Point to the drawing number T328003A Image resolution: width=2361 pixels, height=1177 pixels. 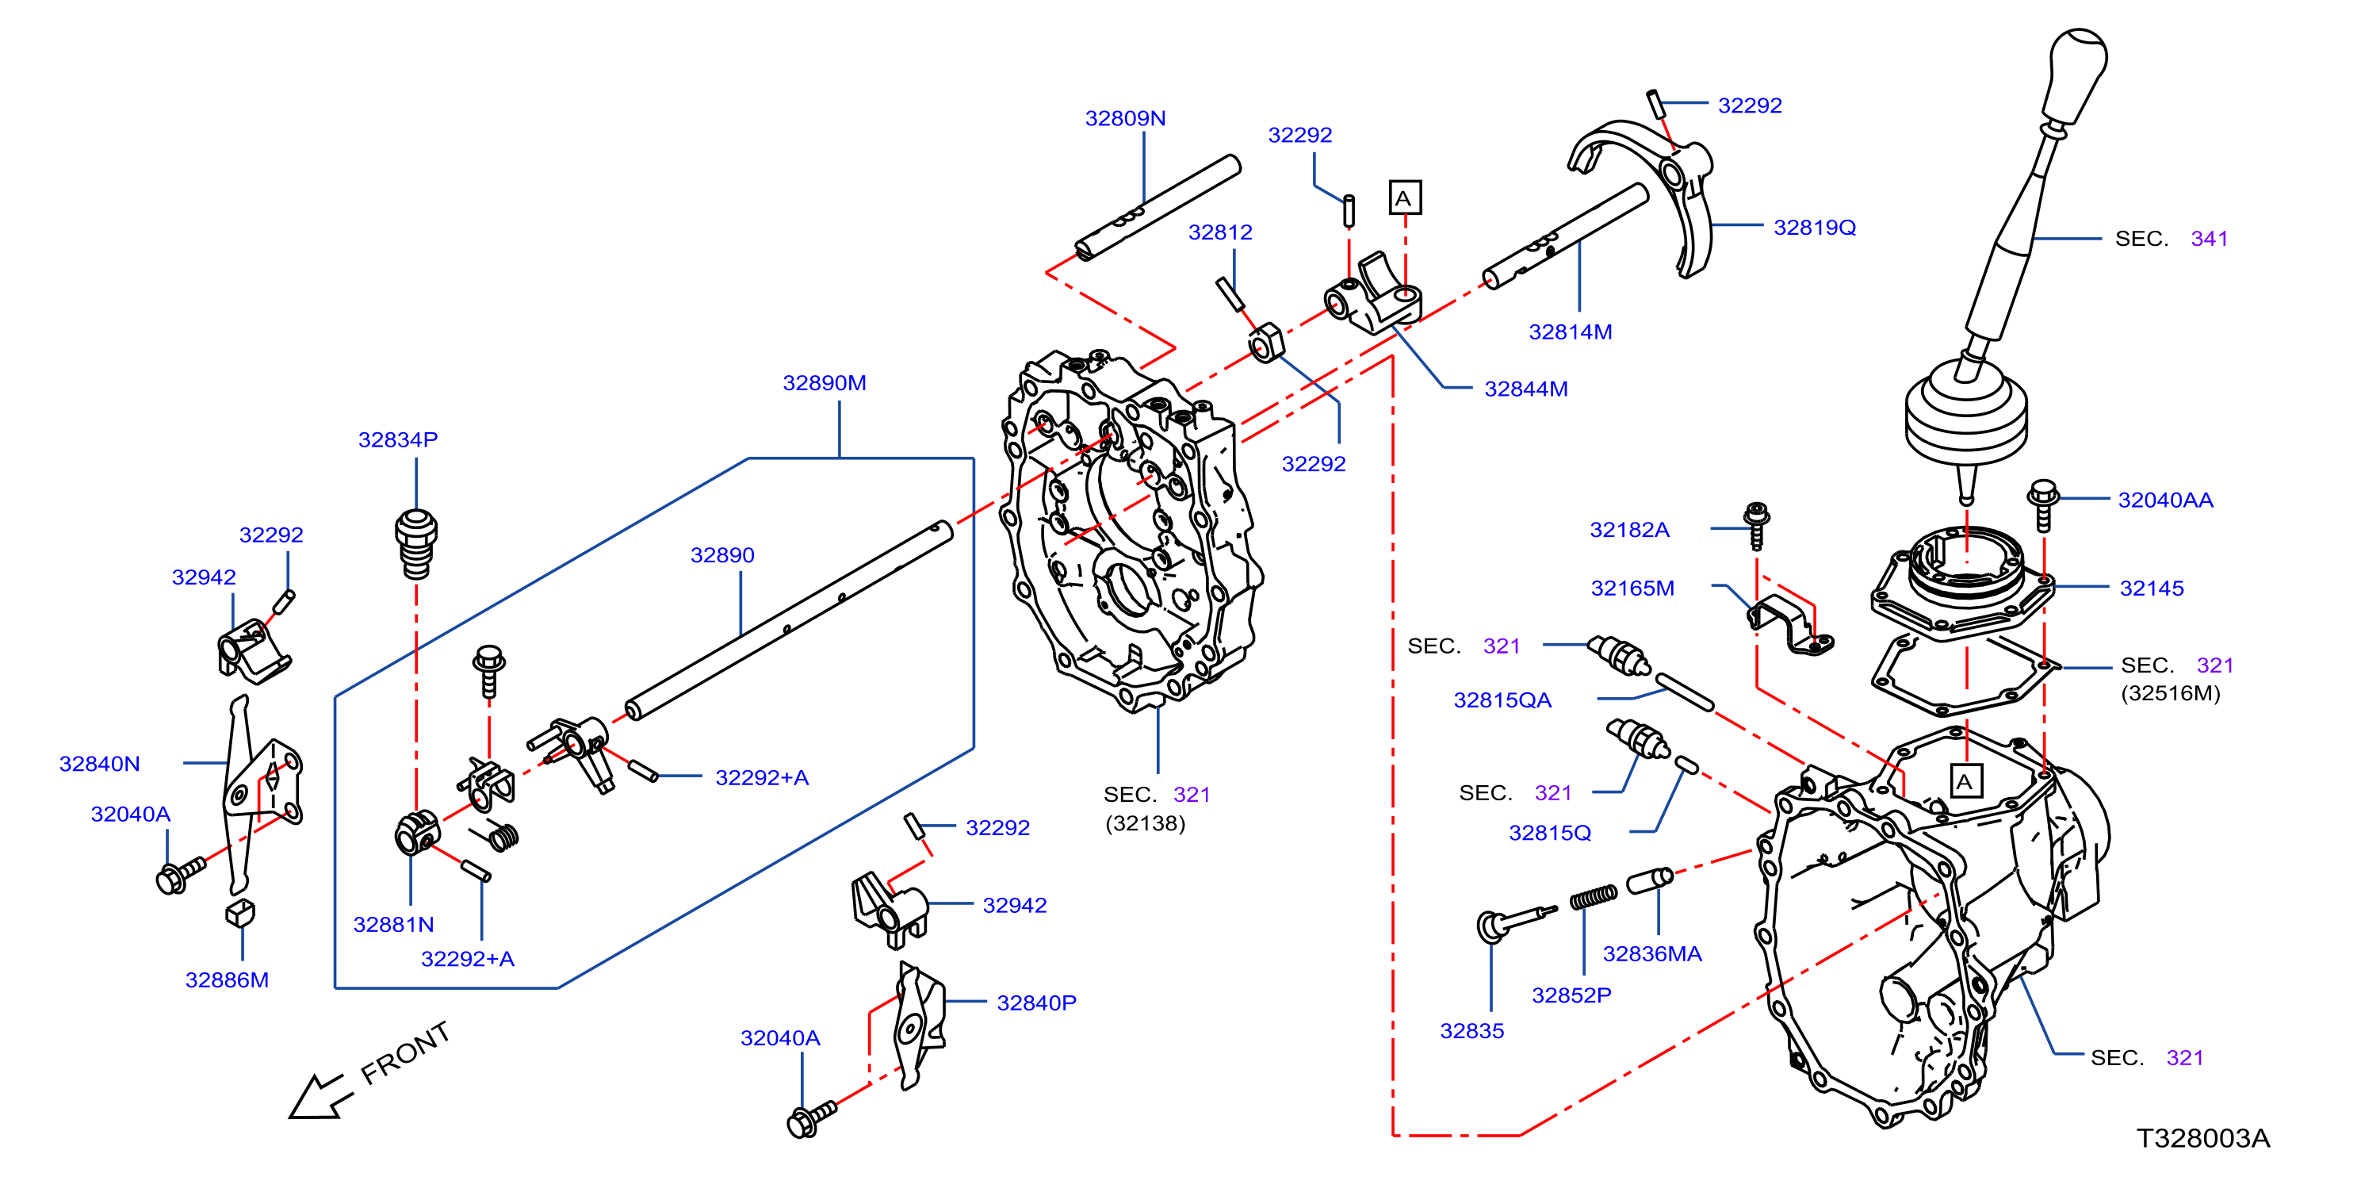point(2202,1137)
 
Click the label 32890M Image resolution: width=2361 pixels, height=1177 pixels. point(824,382)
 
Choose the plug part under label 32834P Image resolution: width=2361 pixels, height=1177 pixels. point(416,543)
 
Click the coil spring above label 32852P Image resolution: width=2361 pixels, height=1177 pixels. point(1594,896)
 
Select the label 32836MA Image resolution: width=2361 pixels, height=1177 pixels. point(1651,953)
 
